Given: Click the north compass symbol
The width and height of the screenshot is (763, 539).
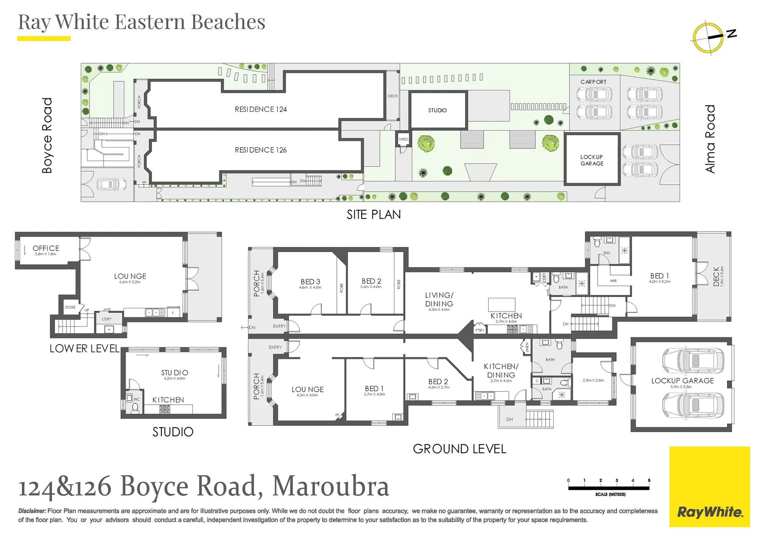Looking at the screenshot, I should tap(709, 37).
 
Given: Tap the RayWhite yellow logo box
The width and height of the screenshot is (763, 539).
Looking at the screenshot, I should tap(710, 487).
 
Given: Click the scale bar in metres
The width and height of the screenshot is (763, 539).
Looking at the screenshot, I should tap(609, 488).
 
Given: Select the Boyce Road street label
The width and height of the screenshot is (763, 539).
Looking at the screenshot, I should tap(47, 135).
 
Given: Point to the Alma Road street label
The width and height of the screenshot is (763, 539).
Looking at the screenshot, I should tap(710, 139).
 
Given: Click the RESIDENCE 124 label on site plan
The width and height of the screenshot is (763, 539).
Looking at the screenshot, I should tap(261, 109).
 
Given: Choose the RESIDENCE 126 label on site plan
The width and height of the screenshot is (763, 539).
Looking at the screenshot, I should tap(261, 150).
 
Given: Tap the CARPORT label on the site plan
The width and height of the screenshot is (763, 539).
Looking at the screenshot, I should tap(593, 82).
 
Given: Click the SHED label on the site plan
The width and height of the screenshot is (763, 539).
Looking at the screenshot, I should tap(403, 139).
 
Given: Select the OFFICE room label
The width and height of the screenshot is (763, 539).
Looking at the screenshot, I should tap(46, 248).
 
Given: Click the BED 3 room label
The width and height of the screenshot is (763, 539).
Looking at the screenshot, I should tap(310, 282).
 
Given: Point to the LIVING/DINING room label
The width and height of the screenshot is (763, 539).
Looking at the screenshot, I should tap(439, 299).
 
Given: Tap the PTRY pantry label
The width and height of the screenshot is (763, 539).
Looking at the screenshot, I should tap(480, 330).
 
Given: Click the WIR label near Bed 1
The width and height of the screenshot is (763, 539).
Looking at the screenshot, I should tap(613, 281).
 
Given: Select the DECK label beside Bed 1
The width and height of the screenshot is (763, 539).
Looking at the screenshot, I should tap(717, 276).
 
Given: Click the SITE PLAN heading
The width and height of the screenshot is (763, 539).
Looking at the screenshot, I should tap(374, 215).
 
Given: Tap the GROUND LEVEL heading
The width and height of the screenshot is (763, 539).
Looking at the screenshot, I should tap(459, 449).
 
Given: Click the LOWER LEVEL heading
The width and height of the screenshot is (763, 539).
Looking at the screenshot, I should tap(84, 348).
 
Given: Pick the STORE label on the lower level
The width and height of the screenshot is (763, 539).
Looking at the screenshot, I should tap(70, 307).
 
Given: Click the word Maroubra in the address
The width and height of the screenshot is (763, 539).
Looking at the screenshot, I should tap(331, 486).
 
